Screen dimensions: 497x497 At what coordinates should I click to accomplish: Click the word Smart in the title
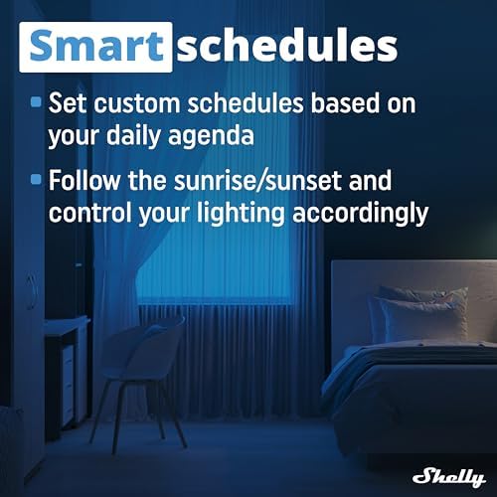pos(96,46)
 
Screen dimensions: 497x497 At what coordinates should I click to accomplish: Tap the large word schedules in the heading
pos(287,46)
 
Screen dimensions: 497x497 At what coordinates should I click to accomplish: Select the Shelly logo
pos(449,477)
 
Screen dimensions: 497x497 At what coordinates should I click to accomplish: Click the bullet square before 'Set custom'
pos(36,101)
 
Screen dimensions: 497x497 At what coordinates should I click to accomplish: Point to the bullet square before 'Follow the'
pos(36,179)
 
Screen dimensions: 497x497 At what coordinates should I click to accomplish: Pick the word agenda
pos(211,136)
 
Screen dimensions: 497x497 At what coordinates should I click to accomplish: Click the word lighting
pos(241,214)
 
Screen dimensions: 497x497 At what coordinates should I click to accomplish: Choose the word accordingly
pos(361,214)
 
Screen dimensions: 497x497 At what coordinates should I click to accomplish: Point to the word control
pos(90,212)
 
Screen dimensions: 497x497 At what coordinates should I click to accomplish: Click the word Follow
pos(84,180)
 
